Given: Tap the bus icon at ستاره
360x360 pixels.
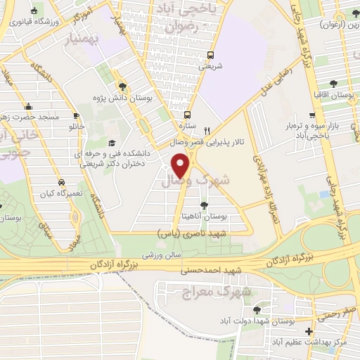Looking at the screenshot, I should [x=186, y=115].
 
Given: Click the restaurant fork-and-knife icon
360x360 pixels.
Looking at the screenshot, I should [x=206, y=131].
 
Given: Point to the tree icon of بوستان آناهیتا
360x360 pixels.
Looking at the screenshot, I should [x=204, y=205].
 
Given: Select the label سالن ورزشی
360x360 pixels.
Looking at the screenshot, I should [x=162, y=256].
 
